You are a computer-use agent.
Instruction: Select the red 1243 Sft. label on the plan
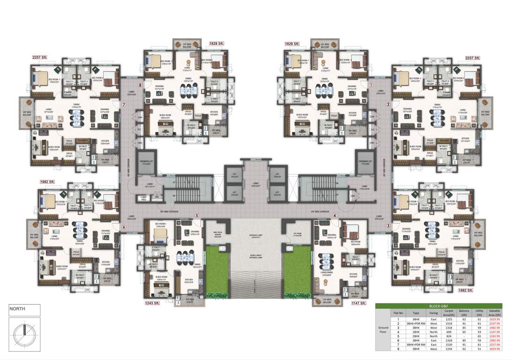click(x=153, y=303)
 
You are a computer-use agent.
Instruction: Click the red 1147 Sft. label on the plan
click(x=359, y=303)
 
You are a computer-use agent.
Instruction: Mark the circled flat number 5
click(x=197, y=216)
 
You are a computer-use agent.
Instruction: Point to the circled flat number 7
click(x=124, y=105)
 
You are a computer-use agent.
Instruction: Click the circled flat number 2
click(x=388, y=105)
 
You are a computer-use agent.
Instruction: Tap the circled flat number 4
click(x=335, y=216)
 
